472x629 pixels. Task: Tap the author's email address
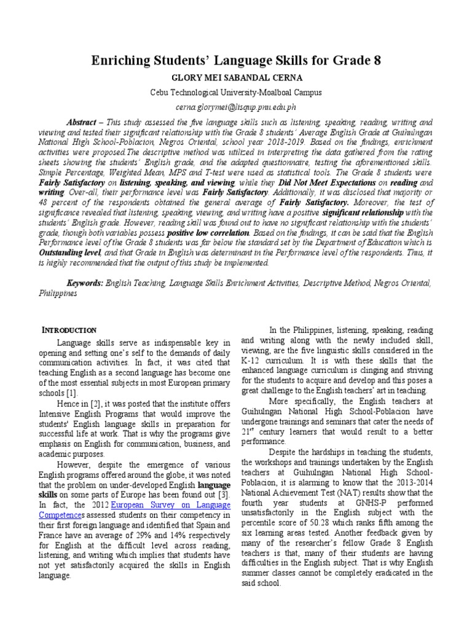(236, 107)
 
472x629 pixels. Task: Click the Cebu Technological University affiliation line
(236, 92)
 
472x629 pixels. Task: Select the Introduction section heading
(67, 330)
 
